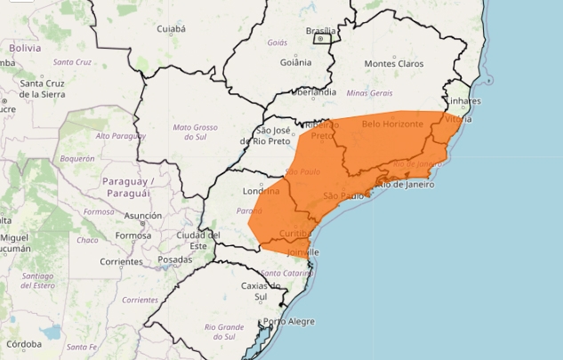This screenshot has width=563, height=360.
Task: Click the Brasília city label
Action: [319, 30]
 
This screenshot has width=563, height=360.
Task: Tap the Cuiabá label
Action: [171, 29]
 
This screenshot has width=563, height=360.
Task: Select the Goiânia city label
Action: [294, 62]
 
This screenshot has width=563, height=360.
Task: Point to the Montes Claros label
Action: [393, 64]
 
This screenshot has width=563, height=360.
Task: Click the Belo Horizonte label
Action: [392, 124]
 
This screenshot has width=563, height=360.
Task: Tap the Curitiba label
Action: [294, 233]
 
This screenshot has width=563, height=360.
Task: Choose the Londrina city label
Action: [260, 191]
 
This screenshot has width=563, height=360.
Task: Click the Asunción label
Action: [143, 216]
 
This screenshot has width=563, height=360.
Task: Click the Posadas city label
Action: [174, 260]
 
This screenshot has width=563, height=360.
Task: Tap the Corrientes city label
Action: [122, 262]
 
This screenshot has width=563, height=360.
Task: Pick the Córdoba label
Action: [23, 343]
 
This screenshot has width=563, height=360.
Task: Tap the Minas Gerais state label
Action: [368, 92]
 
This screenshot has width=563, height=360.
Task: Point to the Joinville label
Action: [302, 252]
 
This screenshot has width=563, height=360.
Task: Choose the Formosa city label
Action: [133, 236]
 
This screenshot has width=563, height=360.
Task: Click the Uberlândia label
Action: [312, 92]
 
